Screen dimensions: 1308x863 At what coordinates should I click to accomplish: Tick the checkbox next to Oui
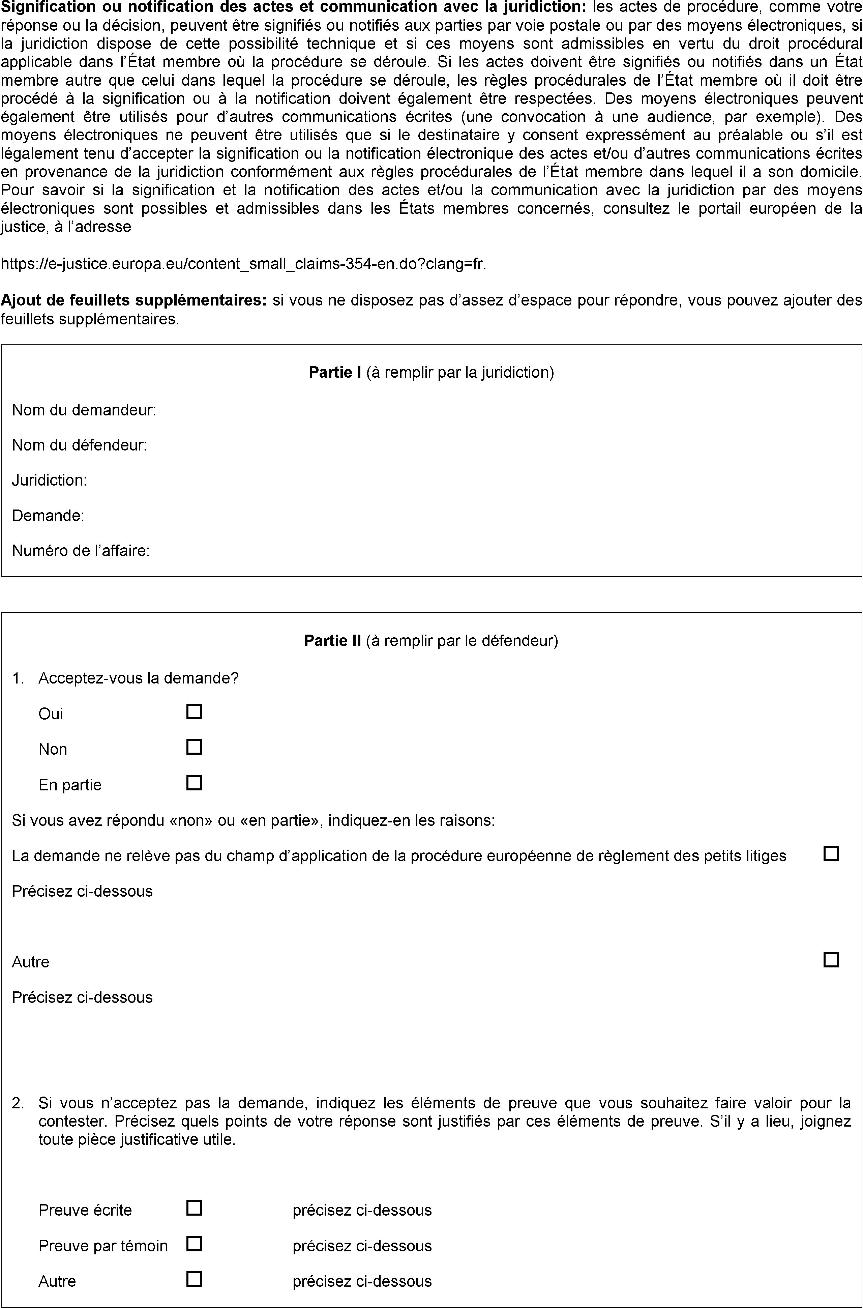pyautogui.click(x=194, y=712)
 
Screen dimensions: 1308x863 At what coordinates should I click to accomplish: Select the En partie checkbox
pyautogui.click(x=194, y=783)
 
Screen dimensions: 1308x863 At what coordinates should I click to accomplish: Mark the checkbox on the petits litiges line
pyautogui.click(x=831, y=854)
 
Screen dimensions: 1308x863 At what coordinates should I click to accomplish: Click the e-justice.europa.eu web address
pyautogui.click(x=243, y=264)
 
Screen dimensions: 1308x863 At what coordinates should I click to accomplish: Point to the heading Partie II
pyautogui.click(x=332, y=641)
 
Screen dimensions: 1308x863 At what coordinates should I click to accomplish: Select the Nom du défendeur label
pyautogui.click(x=79, y=445)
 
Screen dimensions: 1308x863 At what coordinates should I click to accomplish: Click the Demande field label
pyautogui.click(x=48, y=516)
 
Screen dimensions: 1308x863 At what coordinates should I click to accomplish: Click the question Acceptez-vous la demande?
pyautogui.click(x=138, y=678)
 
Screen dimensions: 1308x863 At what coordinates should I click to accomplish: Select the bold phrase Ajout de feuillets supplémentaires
pyautogui.click(x=134, y=300)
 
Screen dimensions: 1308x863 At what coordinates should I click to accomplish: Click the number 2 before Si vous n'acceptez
pyautogui.click(x=18, y=1103)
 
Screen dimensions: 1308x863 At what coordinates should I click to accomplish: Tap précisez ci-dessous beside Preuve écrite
pyautogui.click(x=362, y=1210)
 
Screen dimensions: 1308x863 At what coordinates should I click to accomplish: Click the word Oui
pyautogui.click(x=51, y=714)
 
